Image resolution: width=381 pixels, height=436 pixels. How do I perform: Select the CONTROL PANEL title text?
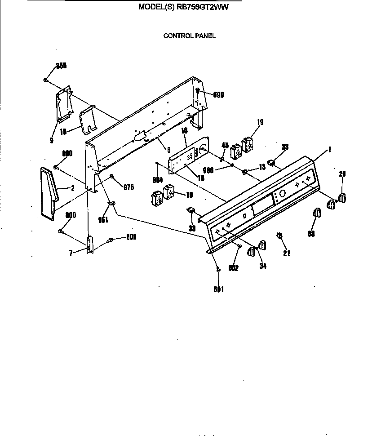(189, 36)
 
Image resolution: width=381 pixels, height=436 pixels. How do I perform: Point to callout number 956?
(61, 66)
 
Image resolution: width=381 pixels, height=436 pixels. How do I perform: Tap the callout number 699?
(218, 95)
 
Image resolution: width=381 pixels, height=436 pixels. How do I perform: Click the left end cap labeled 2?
(49, 191)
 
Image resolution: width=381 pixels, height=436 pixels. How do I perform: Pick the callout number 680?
(67, 153)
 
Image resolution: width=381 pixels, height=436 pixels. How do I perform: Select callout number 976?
(128, 187)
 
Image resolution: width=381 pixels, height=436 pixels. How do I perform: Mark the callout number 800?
(71, 215)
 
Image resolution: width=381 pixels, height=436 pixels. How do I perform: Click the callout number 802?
(233, 268)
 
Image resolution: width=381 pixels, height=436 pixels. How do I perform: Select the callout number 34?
(263, 266)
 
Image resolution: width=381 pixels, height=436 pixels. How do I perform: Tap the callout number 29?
(342, 174)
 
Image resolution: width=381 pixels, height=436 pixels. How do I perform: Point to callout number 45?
(225, 145)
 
